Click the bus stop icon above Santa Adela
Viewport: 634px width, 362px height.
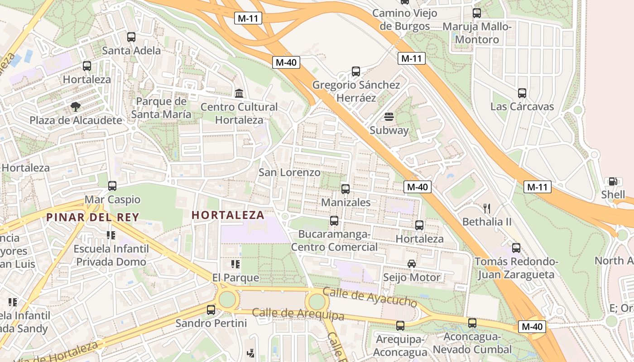point(131,37)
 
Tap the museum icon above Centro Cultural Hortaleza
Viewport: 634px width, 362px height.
point(239,94)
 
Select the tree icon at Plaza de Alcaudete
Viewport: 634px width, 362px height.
point(76,107)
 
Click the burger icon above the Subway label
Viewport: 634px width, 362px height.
point(389,117)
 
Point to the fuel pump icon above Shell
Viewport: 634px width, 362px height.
point(613,181)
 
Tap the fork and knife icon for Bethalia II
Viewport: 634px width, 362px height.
point(487,208)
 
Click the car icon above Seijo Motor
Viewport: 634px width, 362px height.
point(412,264)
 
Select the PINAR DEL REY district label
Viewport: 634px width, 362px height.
point(92,217)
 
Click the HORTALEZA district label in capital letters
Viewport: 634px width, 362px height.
point(228,215)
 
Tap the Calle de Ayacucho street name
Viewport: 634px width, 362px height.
point(370,296)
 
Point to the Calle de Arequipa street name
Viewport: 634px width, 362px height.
point(298,314)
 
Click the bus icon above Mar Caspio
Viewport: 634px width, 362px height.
point(112,186)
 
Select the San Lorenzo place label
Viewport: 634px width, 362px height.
point(289,172)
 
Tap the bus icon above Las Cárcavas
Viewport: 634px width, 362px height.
point(522,93)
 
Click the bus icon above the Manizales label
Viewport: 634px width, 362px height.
point(346,189)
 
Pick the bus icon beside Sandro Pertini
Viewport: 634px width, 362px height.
point(211,310)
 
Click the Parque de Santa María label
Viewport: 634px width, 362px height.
point(161,108)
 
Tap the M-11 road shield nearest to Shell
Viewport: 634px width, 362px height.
point(538,186)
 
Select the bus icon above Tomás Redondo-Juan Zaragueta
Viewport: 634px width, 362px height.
point(516,248)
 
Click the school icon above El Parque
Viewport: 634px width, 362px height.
point(235,264)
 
